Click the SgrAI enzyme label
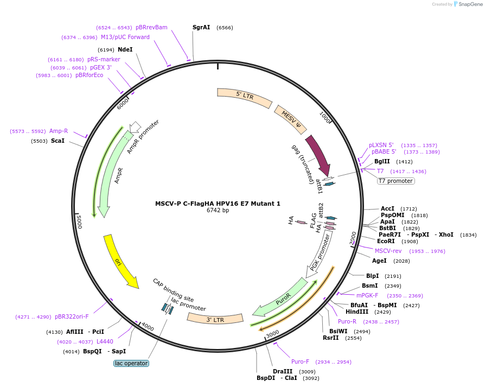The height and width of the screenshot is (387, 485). pyautogui.click(x=201, y=27)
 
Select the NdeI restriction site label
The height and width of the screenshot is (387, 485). pyautogui.click(x=125, y=49)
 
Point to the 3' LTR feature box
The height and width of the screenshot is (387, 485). pyautogui.click(x=215, y=319)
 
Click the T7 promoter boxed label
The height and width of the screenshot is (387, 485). pyautogui.click(x=396, y=181)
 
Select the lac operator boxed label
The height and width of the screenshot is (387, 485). pyautogui.click(x=131, y=363)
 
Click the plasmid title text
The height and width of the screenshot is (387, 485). pyautogui.click(x=218, y=204)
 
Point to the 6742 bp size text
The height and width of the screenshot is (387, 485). pyautogui.click(x=218, y=211)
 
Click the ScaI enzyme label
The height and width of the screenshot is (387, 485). pyautogui.click(x=58, y=141)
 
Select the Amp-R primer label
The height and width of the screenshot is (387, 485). pyautogui.click(x=59, y=131)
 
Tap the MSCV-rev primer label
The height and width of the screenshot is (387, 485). pyautogui.click(x=388, y=251)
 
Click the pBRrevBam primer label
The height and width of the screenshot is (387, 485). pyautogui.click(x=151, y=27)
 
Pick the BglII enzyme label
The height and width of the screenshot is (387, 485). pyautogui.click(x=382, y=161)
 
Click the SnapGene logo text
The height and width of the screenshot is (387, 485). pyautogui.click(x=469, y=4)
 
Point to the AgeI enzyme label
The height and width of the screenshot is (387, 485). pyautogui.click(x=380, y=261)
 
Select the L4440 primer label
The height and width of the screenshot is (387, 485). pyautogui.click(x=105, y=341)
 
